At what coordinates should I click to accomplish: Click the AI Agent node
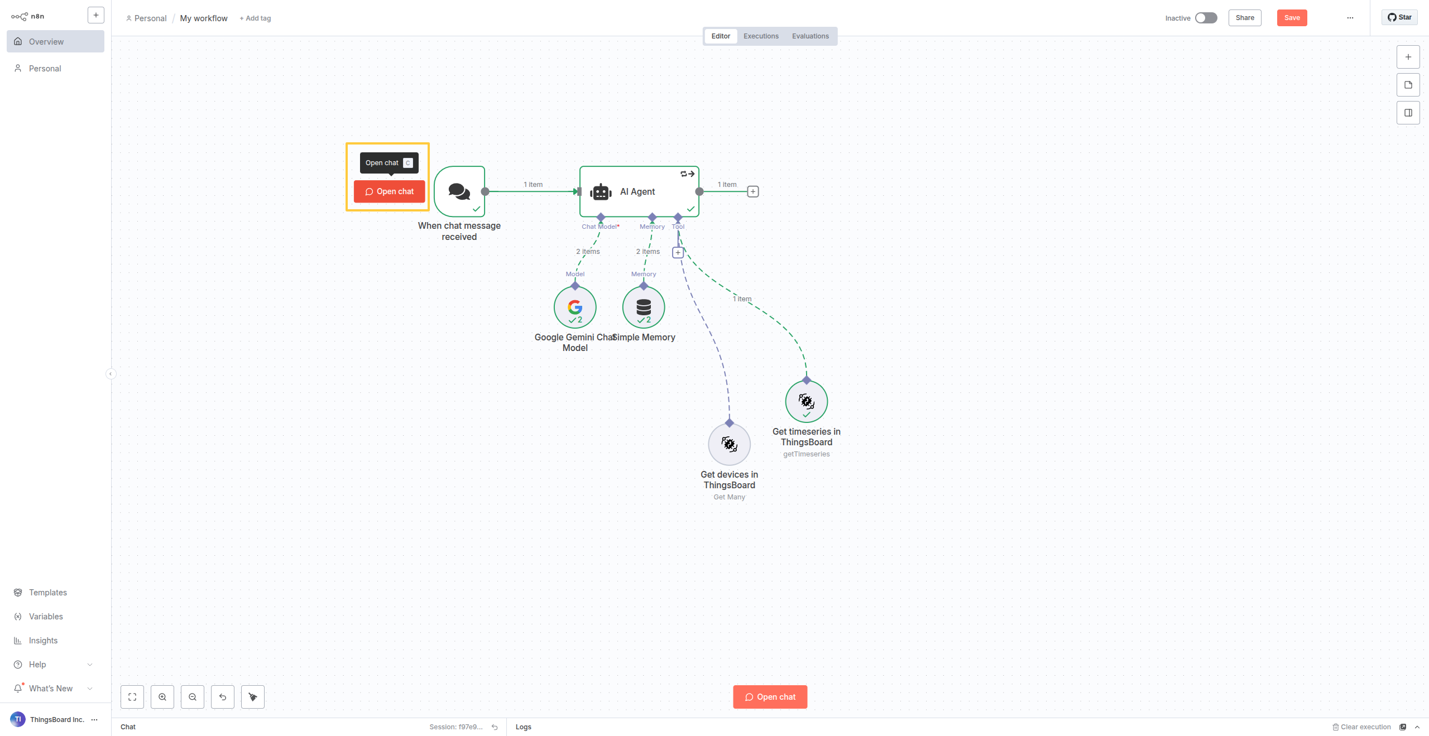point(639,191)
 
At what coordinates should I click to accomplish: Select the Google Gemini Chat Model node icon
point(575,307)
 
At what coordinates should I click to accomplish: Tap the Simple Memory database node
point(644,307)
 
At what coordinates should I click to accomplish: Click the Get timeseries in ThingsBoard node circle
point(806,402)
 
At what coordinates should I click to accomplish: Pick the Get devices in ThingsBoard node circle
point(729,444)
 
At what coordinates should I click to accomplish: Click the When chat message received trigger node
point(459,191)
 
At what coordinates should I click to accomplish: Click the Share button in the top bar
point(1244,18)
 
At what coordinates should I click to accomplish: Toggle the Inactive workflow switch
point(1206,18)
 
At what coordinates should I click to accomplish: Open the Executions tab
point(761,36)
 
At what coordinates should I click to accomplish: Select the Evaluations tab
point(810,36)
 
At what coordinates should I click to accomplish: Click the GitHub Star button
point(1399,17)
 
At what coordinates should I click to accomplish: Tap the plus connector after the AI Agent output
point(753,191)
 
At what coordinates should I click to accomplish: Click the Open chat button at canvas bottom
point(770,697)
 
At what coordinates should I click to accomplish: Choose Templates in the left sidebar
point(47,593)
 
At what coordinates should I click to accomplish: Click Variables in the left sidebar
point(46,617)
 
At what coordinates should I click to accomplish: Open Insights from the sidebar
point(43,641)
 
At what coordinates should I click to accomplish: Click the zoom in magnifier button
point(162,697)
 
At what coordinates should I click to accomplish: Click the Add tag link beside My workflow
point(255,18)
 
